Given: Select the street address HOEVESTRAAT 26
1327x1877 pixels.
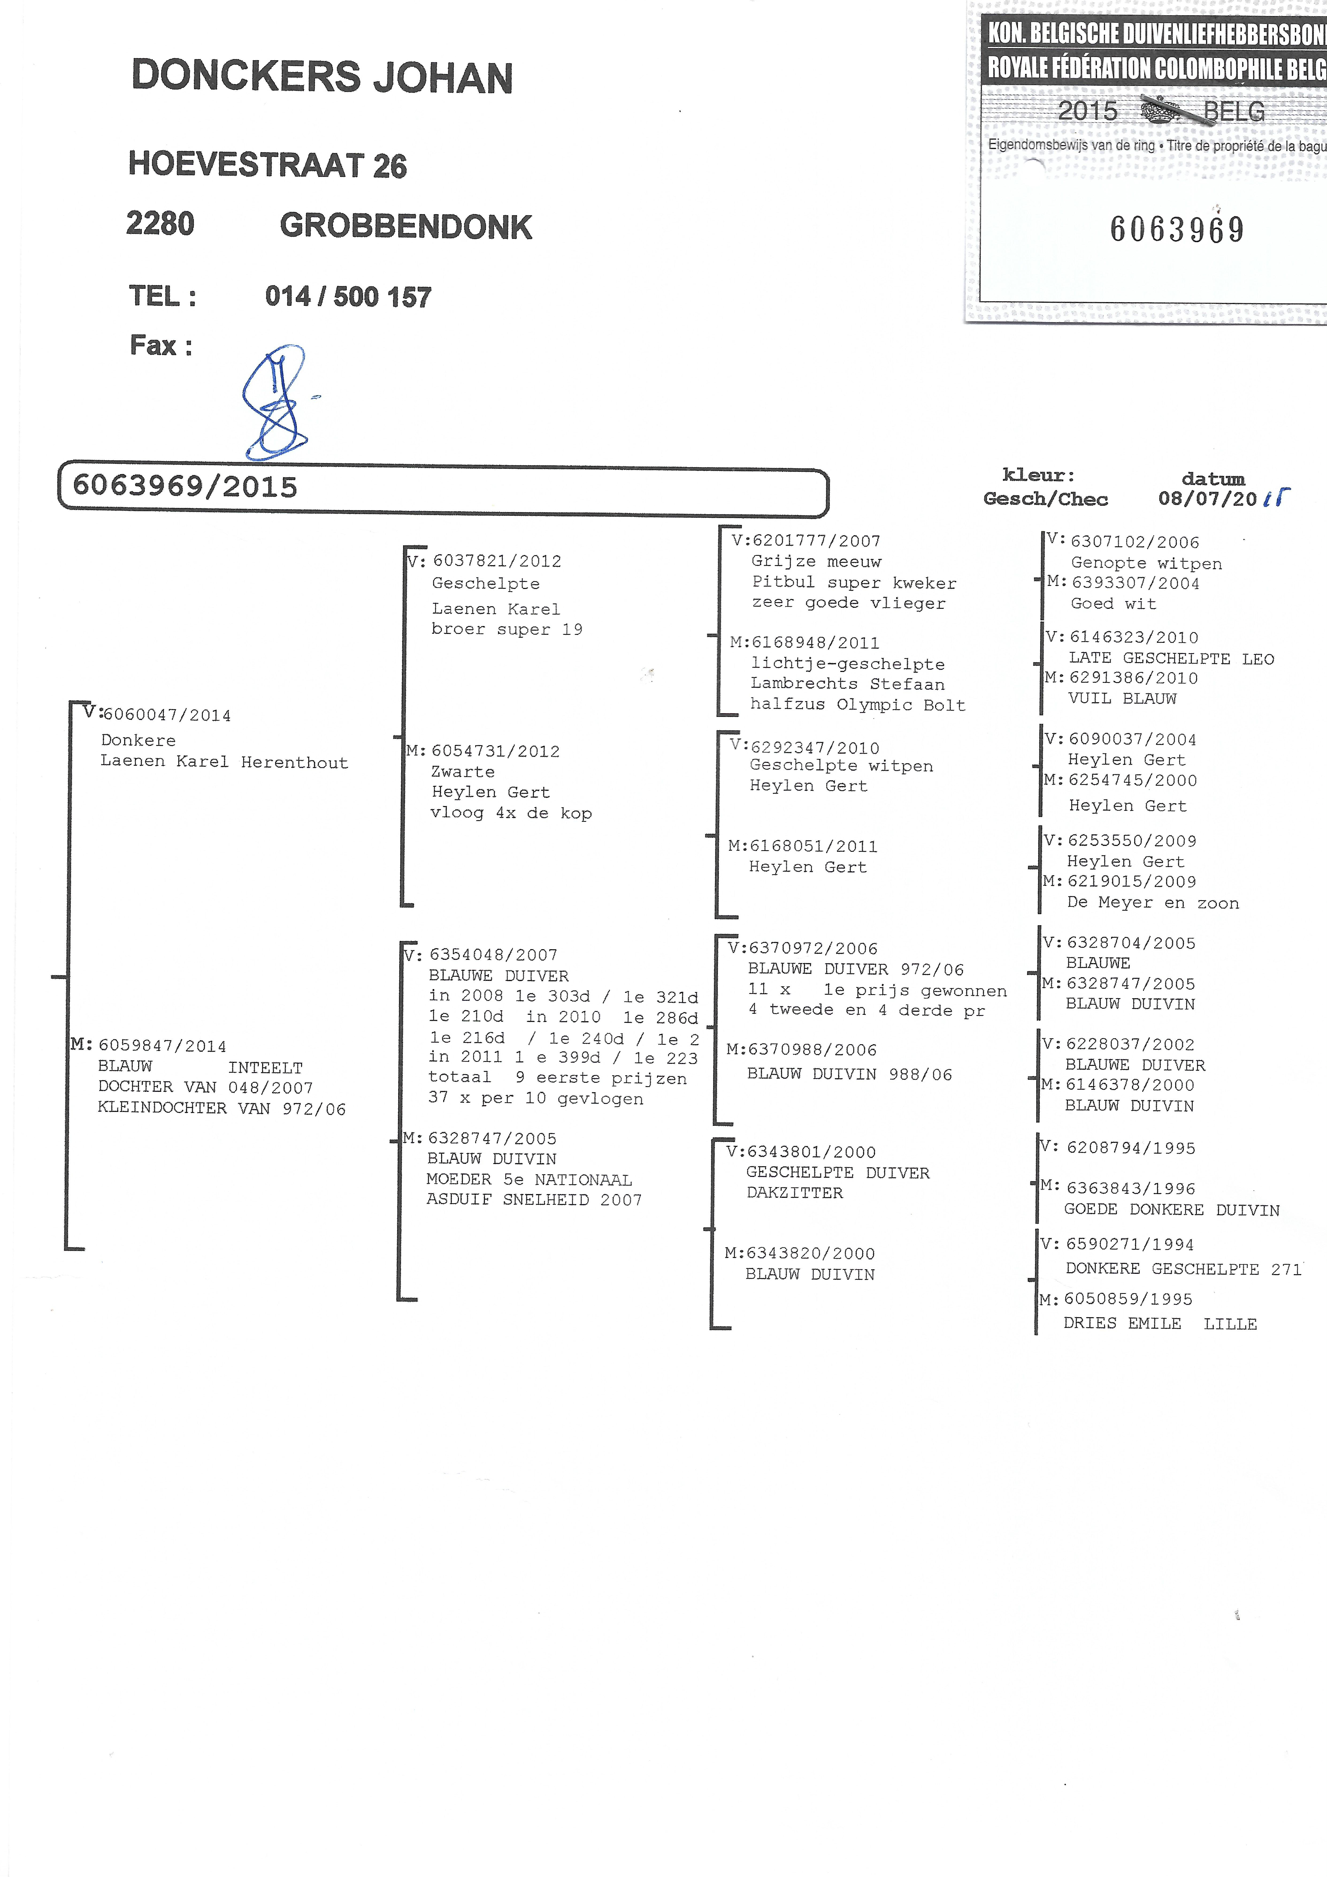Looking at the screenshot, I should pos(267,165).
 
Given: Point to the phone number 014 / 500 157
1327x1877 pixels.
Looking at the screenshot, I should pos(348,296).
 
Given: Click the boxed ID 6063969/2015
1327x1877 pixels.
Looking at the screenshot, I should pos(186,487).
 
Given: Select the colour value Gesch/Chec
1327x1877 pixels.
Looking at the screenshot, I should pos(1045,499).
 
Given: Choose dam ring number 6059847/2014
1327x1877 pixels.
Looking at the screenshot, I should pos(162,1046).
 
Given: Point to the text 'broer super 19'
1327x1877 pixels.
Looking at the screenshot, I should pos(507,629).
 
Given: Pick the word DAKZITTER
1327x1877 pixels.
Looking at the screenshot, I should pos(794,1193).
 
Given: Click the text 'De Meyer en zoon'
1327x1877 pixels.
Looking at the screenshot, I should pos(1152,903).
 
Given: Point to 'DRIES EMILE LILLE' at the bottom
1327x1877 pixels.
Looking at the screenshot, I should pos(1160,1324).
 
